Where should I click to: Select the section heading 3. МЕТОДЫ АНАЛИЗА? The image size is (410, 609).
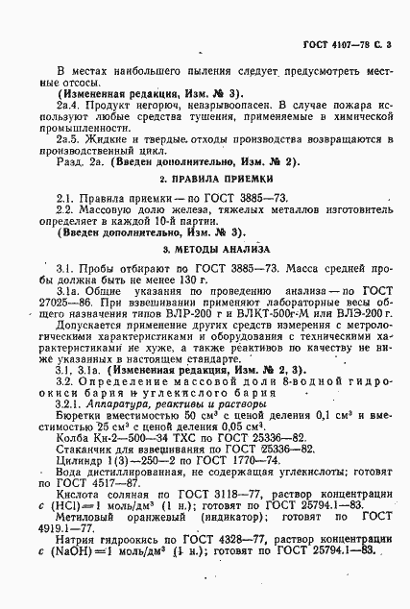click(204, 247)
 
